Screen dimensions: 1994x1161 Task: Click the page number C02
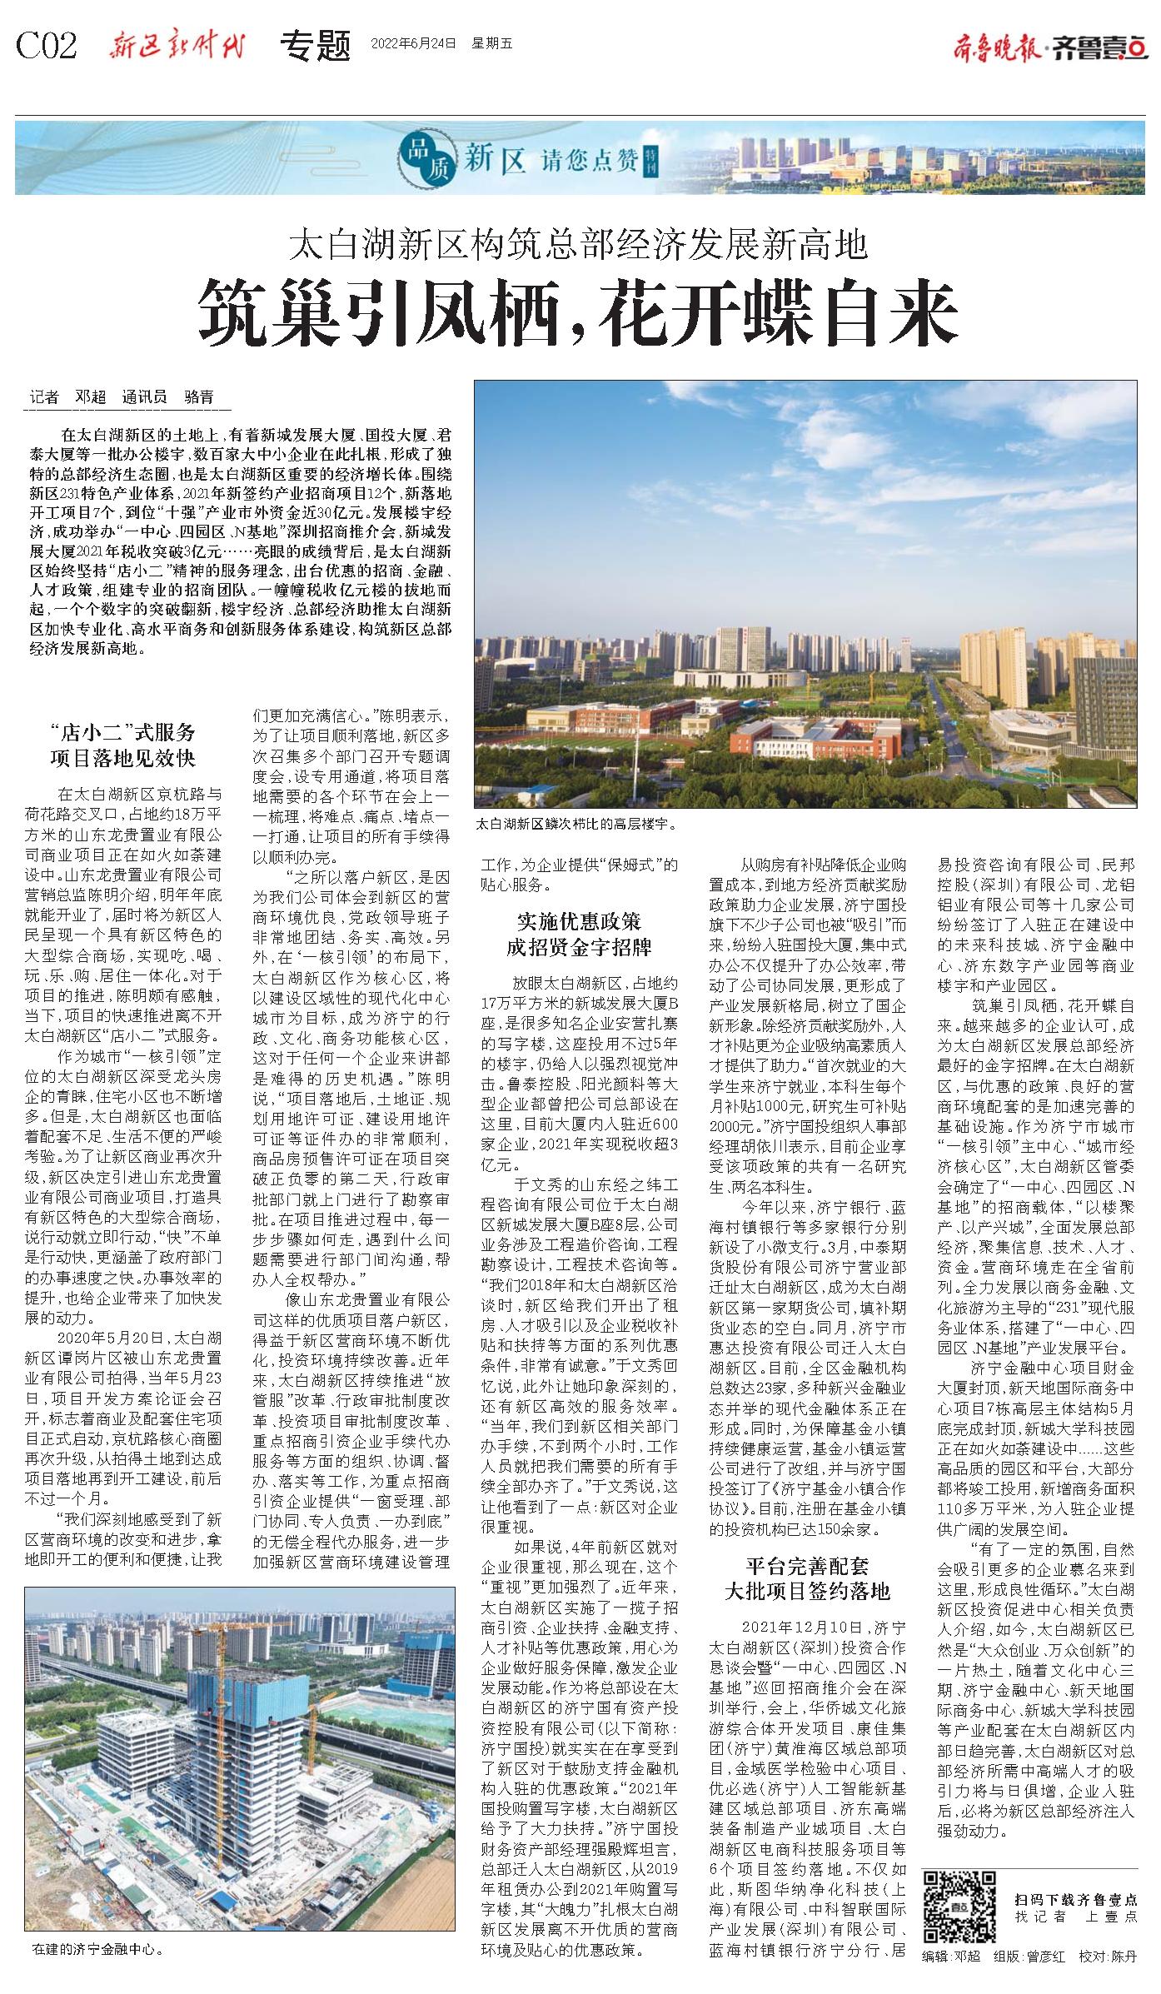click(47, 46)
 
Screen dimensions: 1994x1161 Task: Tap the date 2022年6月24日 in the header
click(413, 43)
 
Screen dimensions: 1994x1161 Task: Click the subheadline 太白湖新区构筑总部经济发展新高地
click(578, 245)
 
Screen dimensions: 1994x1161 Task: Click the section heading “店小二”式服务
click(122, 732)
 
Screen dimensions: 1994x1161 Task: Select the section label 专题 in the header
click(316, 46)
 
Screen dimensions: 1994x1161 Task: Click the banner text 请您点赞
click(575, 159)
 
